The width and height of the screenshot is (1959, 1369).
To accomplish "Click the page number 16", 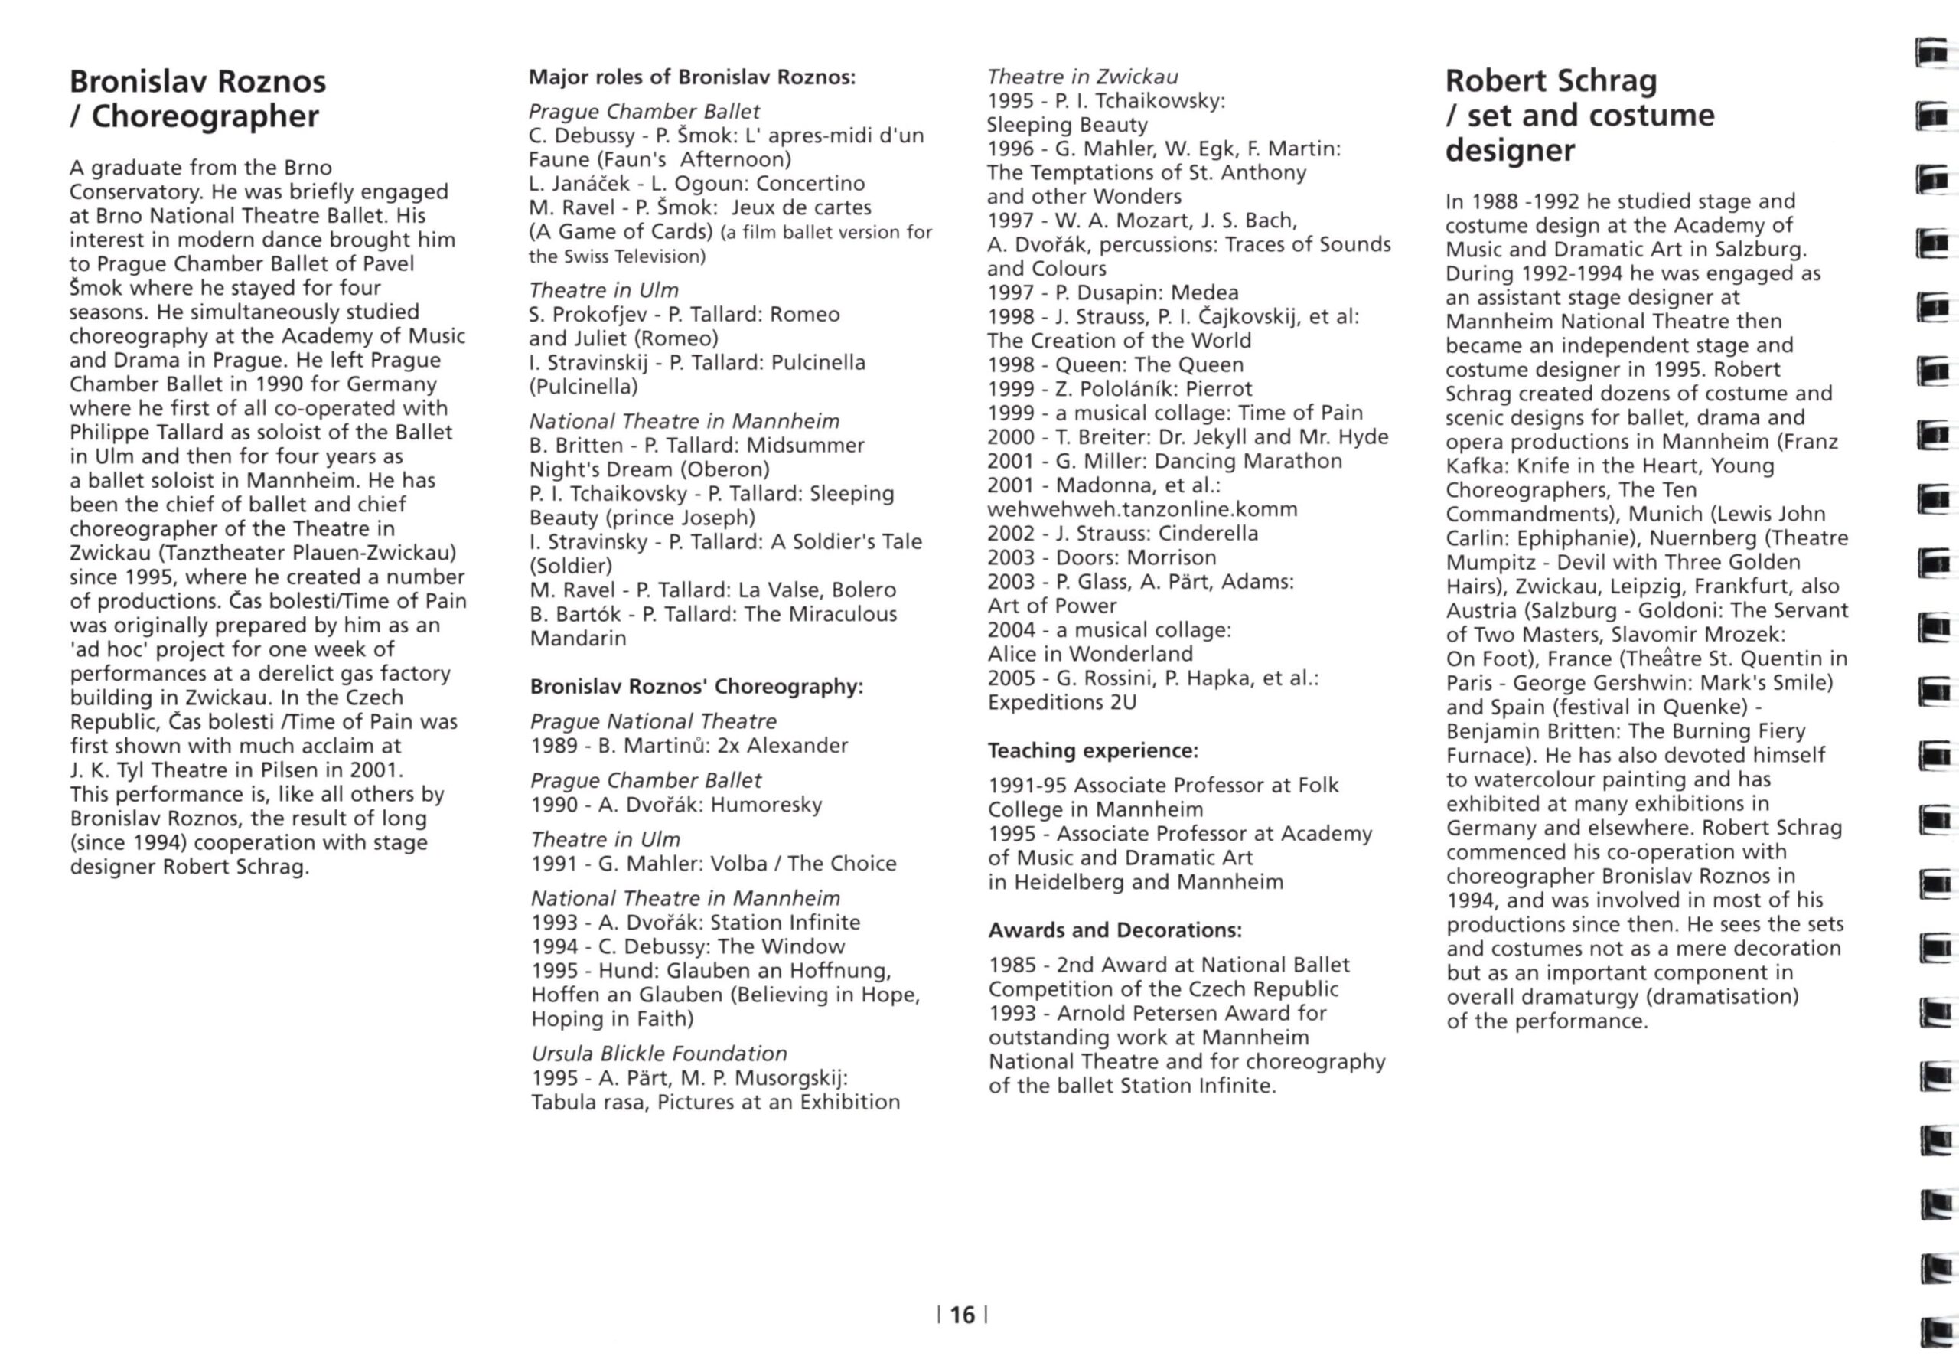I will click(x=962, y=1315).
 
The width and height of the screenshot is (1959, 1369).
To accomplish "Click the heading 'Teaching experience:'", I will click(x=1093, y=750).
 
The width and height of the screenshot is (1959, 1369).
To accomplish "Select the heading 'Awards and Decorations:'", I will click(x=1114, y=930).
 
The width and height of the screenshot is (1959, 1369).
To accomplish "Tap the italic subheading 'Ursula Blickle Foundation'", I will click(x=659, y=1054).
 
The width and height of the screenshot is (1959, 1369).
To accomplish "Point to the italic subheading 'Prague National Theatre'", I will click(x=653, y=721).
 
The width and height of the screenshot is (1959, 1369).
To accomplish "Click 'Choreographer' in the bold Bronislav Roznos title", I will click(x=205, y=116).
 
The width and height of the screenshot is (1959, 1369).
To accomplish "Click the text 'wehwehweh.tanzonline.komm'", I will click(x=1142, y=509).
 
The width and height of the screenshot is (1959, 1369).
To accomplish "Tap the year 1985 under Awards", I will click(x=1012, y=965).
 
